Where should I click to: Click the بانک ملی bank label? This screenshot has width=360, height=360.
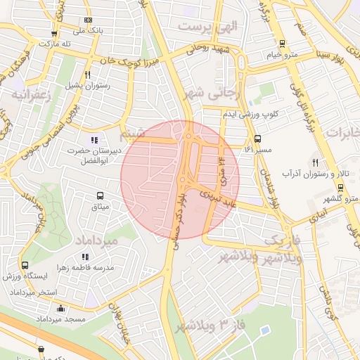(x=89, y=32)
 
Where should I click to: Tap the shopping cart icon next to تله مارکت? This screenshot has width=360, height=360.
(x=54, y=33)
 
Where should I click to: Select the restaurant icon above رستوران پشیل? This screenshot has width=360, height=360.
(x=87, y=75)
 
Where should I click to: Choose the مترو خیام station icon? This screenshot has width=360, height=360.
(x=282, y=43)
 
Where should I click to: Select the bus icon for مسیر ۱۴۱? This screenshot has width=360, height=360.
(x=257, y=139)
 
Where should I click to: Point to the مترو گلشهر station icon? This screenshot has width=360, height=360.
(x=341, y=187)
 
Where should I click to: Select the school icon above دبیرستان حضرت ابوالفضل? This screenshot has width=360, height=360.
(x=94, y=140)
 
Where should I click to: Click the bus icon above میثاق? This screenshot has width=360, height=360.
(x=100, y=195)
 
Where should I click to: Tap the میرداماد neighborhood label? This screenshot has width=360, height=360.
(x=105, y=240)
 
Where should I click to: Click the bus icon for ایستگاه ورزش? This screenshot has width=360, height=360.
(x=25, y=266)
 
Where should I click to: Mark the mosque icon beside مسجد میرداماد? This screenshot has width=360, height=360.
(x=60, y=307)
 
